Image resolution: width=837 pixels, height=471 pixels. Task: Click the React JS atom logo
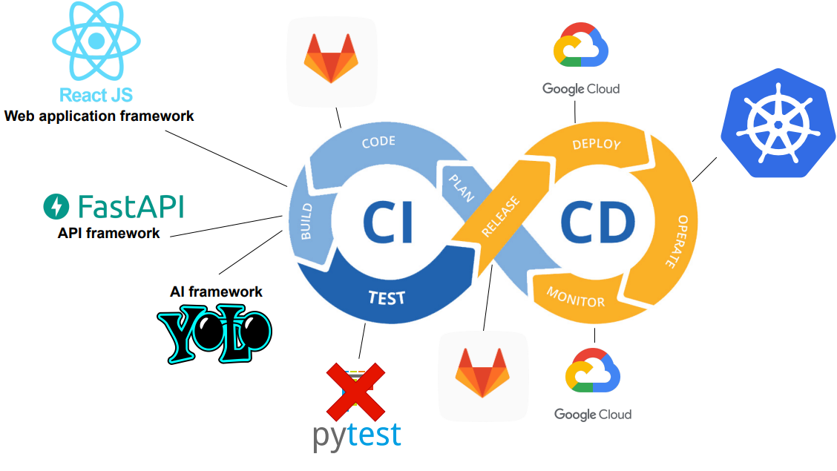tap(94, 42)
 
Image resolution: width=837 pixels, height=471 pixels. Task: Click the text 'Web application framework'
tap(99, 116)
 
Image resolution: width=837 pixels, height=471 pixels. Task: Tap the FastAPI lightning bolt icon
tap(56, 206)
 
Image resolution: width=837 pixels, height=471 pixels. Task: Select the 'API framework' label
tap(108, 233)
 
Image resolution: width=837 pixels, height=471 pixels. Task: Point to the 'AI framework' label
tap(216, 292)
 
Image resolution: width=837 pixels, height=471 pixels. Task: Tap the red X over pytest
tap(356, 389)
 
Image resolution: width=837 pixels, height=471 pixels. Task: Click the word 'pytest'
tap(356, 435)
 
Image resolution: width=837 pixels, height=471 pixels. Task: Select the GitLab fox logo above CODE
tap(331, 59)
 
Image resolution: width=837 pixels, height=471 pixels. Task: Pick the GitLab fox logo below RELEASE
tap(482, 372)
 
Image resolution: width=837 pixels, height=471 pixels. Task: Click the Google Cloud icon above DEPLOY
tap(581, 45)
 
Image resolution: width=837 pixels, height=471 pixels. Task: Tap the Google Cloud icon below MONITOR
tap(592, 370)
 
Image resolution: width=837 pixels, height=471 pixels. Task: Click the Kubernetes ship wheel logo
tap(775, 130)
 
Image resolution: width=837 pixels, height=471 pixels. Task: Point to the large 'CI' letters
tap(387, 222)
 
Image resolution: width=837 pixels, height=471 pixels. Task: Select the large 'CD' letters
tap(597, 223)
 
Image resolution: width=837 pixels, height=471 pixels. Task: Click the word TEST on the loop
tap(387, 298)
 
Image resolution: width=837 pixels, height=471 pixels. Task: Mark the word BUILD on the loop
tap(305, 221)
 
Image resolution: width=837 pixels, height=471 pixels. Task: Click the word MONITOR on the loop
tap(576, 297)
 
